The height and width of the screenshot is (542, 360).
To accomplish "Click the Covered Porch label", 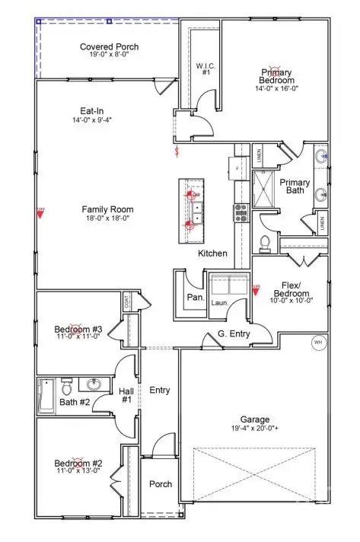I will point(110,47).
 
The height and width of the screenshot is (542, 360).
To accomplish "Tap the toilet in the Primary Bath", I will point(266,243).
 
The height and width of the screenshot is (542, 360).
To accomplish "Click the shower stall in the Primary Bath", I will point(263,190).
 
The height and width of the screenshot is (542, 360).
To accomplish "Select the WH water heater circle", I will point(318,342).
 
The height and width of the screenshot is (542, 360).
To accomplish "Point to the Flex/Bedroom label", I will point(291,293).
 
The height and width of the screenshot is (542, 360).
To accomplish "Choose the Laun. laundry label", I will point(220,302).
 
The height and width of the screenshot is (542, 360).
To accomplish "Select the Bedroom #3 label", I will point(78,329).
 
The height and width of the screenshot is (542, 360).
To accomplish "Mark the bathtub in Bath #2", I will point(44,396).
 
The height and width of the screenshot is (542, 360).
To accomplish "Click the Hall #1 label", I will point(126,395).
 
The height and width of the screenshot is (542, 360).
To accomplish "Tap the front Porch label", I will point(160,484).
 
